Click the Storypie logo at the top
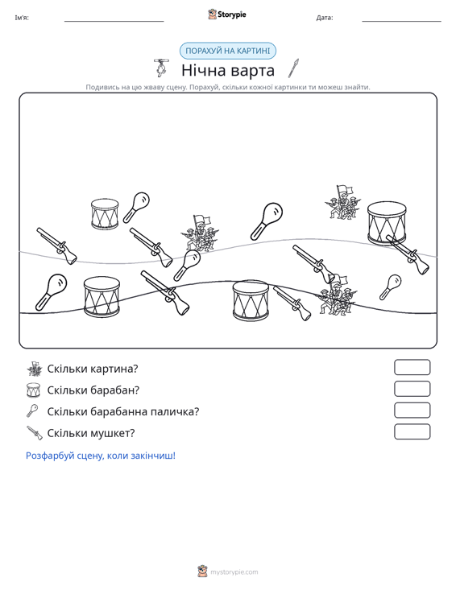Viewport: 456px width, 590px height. [227, 14]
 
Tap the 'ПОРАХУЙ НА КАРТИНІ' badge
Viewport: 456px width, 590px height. [228, 51]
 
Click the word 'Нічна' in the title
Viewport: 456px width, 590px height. [203, 70]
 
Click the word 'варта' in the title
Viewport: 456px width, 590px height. [253, 71]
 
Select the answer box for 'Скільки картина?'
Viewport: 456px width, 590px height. [412, 367]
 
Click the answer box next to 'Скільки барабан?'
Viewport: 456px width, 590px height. [412, 389]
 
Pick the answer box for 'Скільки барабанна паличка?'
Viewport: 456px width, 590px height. [412, 411]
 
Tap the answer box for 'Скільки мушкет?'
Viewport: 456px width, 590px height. [412, 431]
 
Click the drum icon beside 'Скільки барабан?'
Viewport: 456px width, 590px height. [33, 390]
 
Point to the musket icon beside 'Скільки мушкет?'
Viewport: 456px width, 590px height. [35, 433]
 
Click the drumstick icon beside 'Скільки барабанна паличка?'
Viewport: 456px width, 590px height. [32, 411]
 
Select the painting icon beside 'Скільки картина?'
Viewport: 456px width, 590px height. [35, 369]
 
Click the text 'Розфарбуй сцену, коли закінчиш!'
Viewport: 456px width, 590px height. [101, 456]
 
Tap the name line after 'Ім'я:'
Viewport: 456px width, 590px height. [114, 22]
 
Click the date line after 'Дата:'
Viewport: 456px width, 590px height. [401, 22]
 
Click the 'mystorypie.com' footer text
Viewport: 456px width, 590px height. [234, 572]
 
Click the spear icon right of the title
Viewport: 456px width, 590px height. [293, 68]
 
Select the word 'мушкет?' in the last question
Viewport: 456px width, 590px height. [113, 433]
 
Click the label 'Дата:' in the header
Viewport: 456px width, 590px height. [325, 18]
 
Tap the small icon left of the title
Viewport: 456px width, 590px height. [161, 68]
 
